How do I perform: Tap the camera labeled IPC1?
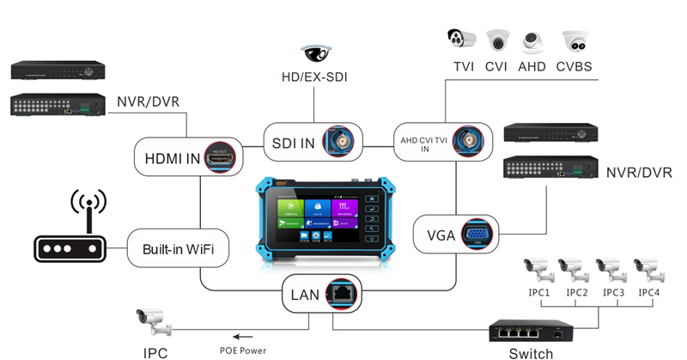538,270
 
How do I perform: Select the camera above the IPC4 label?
647,270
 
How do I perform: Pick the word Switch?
531,352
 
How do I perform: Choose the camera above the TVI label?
461,40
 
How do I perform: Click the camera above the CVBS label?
574,41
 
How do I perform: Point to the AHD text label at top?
532,66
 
